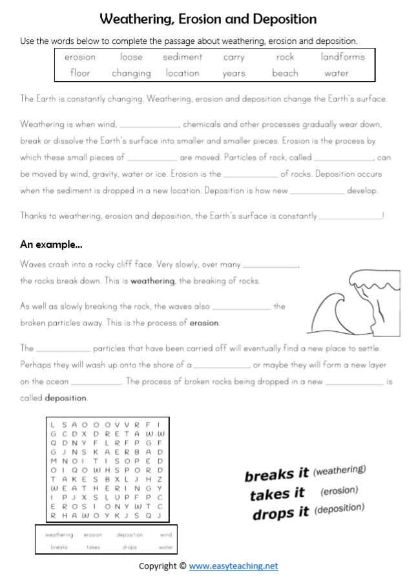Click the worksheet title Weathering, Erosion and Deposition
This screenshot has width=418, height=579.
tap(209, 19)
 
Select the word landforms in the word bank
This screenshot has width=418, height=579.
tap(342, 57)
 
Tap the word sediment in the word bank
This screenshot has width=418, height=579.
tap(182, 57)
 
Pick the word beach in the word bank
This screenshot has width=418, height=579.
tap(285, 73)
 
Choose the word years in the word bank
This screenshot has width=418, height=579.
tap(233, 74)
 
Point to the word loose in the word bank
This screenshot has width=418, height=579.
tap(131, 57)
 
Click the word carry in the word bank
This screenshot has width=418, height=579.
tap(233, 58)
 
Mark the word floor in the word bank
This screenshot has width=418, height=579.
tap(80, 73)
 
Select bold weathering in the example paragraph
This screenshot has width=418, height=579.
tap(152, 281)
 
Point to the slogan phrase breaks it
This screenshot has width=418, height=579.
tap(277, 475)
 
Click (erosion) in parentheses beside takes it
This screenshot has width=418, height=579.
tap(339, 491)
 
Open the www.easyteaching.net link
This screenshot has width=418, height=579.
tap(233, 565)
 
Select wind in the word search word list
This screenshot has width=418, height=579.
tap(165, 535)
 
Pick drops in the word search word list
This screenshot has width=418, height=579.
tap(129, 547)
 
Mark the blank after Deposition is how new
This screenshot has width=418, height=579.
tap(317, 191)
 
